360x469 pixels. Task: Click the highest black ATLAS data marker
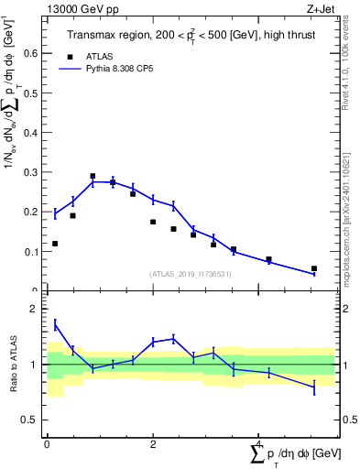point(93,176)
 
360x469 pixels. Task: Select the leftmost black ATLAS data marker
point(55,244)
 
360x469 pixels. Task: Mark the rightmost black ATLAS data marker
point(314,268)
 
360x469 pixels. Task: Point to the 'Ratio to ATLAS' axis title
point(12,364)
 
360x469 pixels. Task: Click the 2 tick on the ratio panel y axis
point(34,309)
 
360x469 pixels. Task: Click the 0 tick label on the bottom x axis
point(47,442)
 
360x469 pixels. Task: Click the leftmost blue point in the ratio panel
point(55,323)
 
